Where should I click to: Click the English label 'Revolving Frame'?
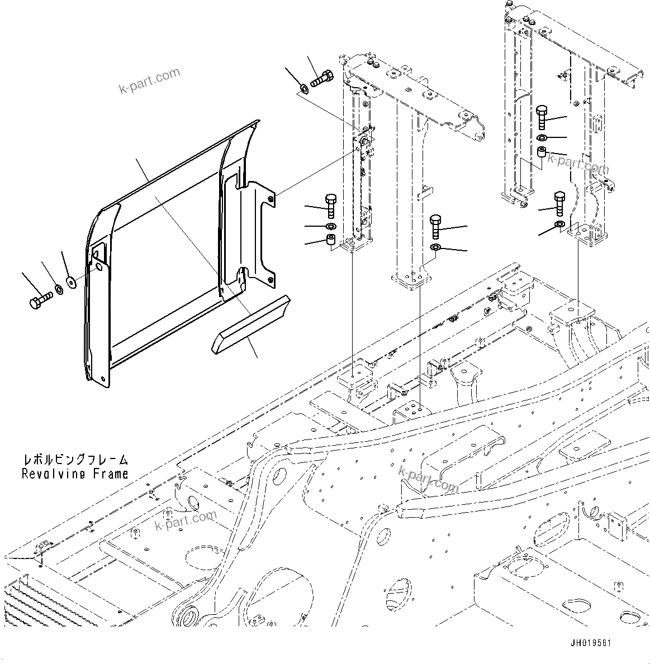pyautogui.click(x=75, y=474)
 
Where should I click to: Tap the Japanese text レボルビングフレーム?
pyautogui.click(x=75, y=460)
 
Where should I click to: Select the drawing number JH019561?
pyautogui.click(x=590, y=643)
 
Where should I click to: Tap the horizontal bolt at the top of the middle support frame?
pyautogui.click(x=321, y=79)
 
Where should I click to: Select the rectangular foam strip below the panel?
pyautogui.click(x=249, y=324)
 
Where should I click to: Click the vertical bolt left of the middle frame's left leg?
pyautogui.click(x=330, y=206)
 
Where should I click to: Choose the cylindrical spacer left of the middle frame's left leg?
pyautogui.click(x=330, y=242)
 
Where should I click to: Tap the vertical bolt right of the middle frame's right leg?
pyautogui.click(x=436, y=227)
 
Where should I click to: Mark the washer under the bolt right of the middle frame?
pyautogui.click(x=436, y=247)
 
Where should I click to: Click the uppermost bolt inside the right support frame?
pyautogui.click(x=542, y=117)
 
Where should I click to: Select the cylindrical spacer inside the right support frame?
pyautogui.click(x=542, y=152)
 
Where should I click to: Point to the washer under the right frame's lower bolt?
pyautogui.click(x=559, y=224)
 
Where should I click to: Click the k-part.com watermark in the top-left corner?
pyautogui.click(x=149, y=80)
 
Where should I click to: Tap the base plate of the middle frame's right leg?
pyautogui.click(x=411, y=278)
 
